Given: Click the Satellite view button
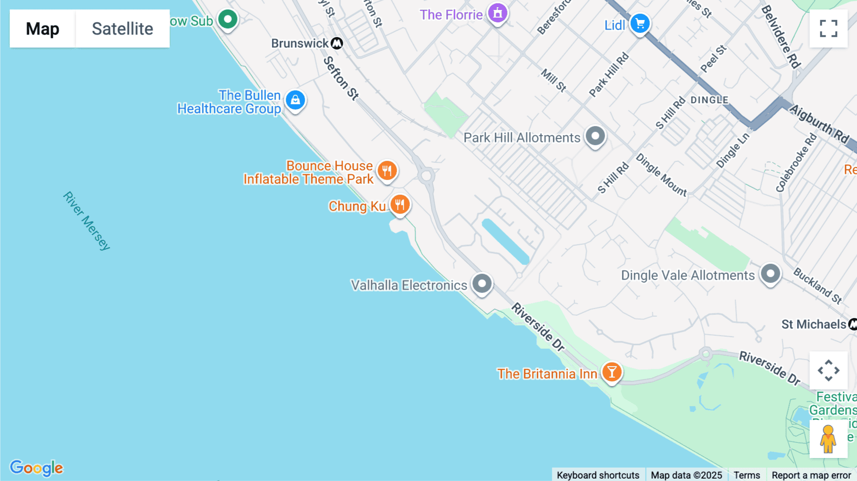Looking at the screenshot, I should click(122, 29).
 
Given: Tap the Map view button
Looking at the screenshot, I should click(42, 29).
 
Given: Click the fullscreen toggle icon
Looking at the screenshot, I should click(828, 29).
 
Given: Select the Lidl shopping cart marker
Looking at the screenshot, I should click(640, 23).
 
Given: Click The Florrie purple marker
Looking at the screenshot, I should click(498, 13).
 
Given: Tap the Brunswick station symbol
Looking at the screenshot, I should click(337, 43).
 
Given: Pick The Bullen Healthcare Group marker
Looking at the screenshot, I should click(295, 100).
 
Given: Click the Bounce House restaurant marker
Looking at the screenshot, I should click(387, 170).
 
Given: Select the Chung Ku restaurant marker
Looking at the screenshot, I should click(400, 204).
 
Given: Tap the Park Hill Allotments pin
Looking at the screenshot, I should click(595, 136).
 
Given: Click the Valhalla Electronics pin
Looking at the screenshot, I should click(482, 284).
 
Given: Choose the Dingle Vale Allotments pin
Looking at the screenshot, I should click(770, 274).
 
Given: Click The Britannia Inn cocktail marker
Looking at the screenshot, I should click(612, 372).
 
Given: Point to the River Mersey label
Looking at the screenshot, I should click(87, 220).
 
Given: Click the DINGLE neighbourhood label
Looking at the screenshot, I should click(709, 100).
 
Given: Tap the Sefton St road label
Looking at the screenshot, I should click(340, 78).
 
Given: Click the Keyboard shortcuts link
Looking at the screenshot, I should click(598, 475).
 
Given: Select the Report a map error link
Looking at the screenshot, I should click(811, 475).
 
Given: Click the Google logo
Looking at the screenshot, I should click(37, 468).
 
